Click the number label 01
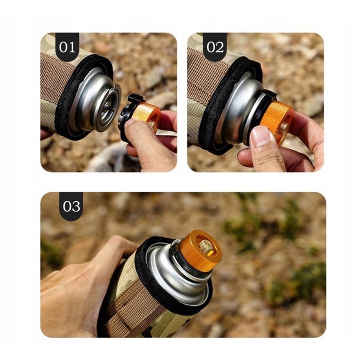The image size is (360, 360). pyautogui.click(x=67, y=47)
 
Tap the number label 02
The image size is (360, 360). pyautogui.click(x=214, y=47)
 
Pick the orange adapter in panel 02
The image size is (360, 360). pyautogui.click(x=278, y=119)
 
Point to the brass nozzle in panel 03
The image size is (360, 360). pyautogui.click(x=205, y=245)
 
